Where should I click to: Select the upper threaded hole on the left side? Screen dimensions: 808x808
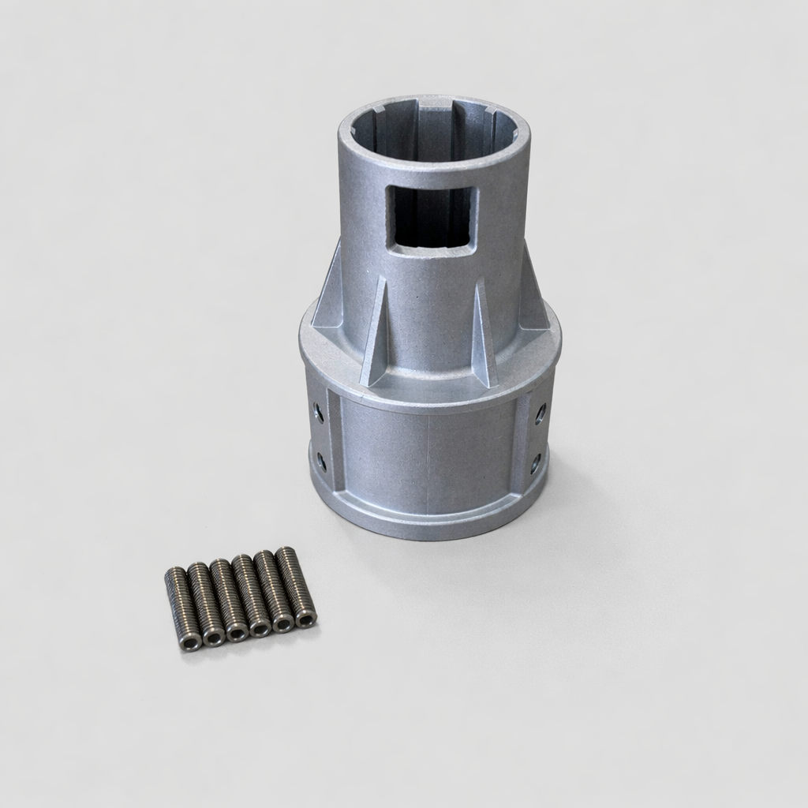318,410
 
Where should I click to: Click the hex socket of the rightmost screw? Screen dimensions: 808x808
305,619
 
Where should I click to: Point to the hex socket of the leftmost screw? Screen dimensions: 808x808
190,642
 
